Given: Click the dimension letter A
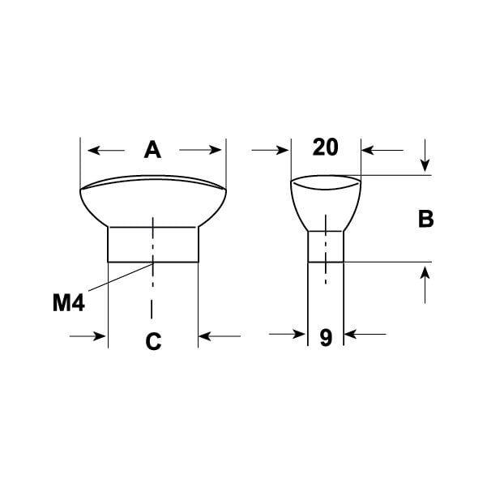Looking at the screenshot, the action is click(x=152, y=150).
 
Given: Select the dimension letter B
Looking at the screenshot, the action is click(x=425, y=219).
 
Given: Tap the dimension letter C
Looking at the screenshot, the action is click(x=153, y=341).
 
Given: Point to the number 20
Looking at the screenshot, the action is click(x=326, y=147).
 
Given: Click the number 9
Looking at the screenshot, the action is click(x=326, y=338).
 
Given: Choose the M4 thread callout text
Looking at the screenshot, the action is click(x=69, y=302).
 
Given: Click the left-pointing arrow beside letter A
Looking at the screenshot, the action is click(x=106, y=151).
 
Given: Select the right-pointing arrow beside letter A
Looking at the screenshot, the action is click(x=200, y=150).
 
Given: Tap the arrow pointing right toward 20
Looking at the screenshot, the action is click(x=270, y=151).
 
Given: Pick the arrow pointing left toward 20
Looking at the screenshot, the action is click(x=382, y=151).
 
